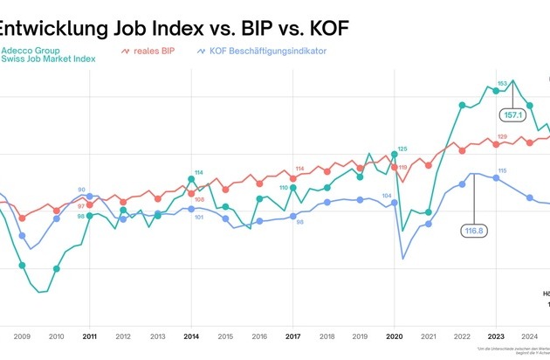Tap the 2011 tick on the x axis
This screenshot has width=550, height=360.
[x=89, y=336]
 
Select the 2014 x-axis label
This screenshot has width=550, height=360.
[x=190, y=336]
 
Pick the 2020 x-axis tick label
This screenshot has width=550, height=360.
[x=394, y=336]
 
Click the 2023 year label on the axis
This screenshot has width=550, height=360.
[x=496, y=336]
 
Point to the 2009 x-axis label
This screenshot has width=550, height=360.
[x=22, y=336]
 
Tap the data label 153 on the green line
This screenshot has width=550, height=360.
[x=502, y=84]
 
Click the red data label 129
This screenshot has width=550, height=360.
[x=502, y=136]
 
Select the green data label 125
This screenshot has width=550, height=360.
[x=402, y=149]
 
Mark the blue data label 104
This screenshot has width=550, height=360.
[x=387, y=197]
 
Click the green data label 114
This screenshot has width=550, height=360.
[x=199, y=172]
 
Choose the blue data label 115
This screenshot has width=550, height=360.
[x=502, y=170]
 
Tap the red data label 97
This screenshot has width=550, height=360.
[x=81, y=205]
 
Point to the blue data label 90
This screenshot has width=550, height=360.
[x=82, y=190]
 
